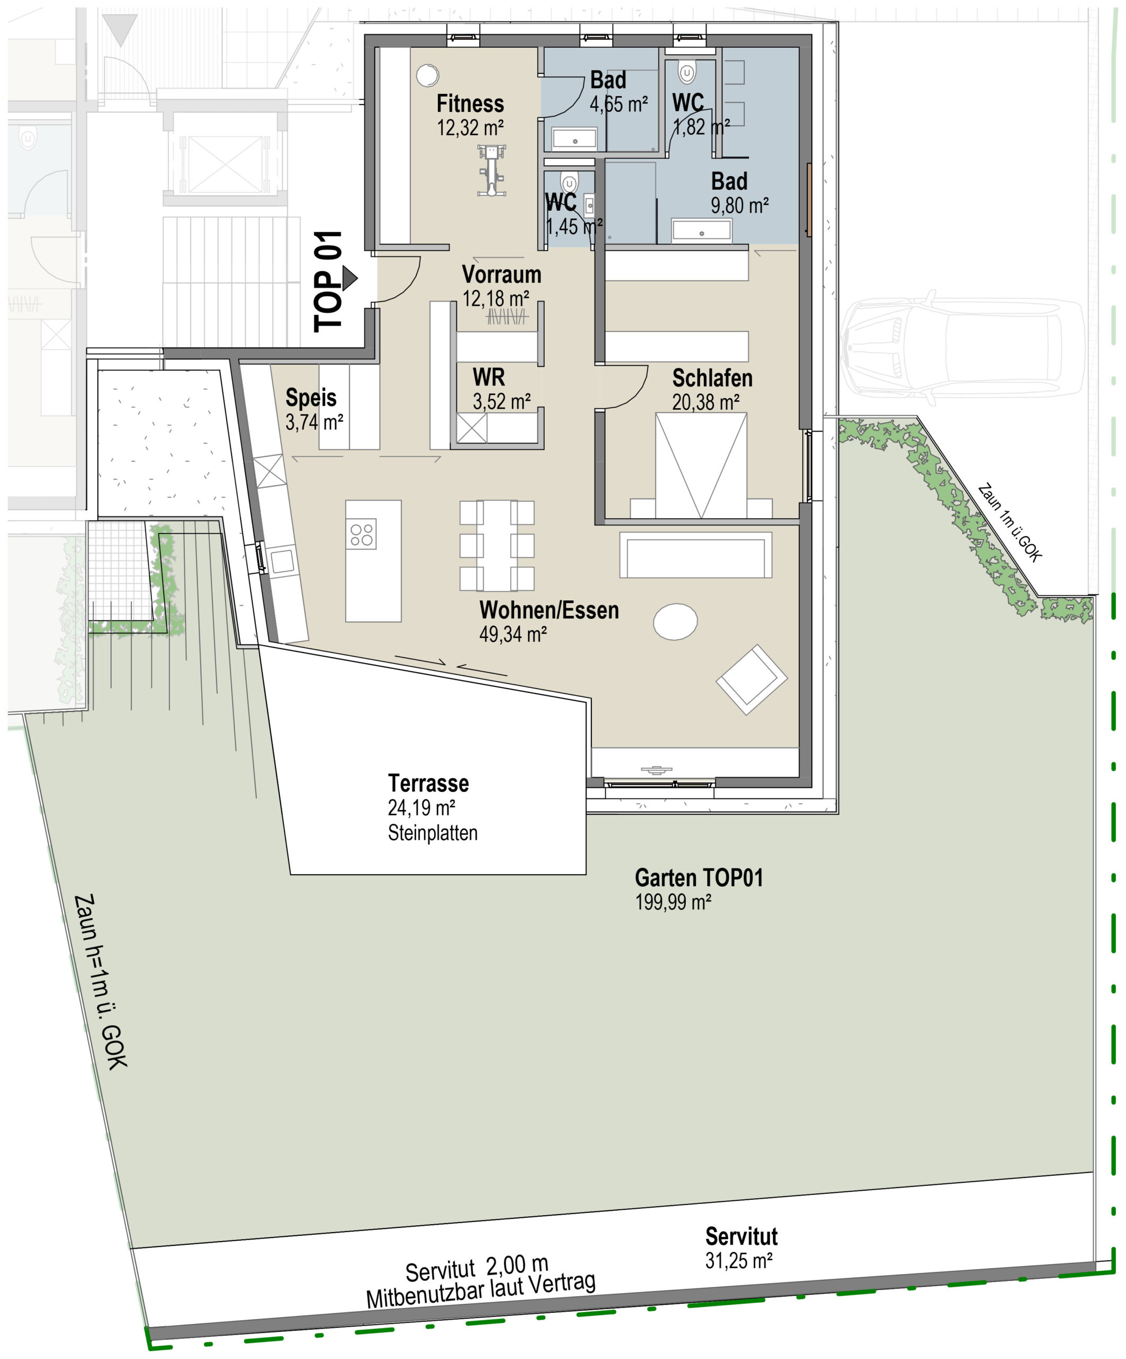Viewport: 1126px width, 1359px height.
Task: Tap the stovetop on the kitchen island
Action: (361, 535)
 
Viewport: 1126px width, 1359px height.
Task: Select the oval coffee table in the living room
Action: (675, 621)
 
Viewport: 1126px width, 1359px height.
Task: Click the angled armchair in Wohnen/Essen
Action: (751, 679)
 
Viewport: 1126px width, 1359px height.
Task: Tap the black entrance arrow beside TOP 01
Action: (349, 278)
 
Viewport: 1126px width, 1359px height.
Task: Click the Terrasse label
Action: (428, 783)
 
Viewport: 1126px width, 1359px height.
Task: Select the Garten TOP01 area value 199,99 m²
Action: (673, 902)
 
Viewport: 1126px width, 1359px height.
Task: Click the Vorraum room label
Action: (502, 274)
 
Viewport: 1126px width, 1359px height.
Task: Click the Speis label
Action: (311, 397)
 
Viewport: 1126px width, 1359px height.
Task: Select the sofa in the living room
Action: (695, 555)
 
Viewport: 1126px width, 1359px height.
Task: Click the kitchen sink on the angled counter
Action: (282, 561)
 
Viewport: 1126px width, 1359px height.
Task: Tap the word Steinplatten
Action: (433, 833)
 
